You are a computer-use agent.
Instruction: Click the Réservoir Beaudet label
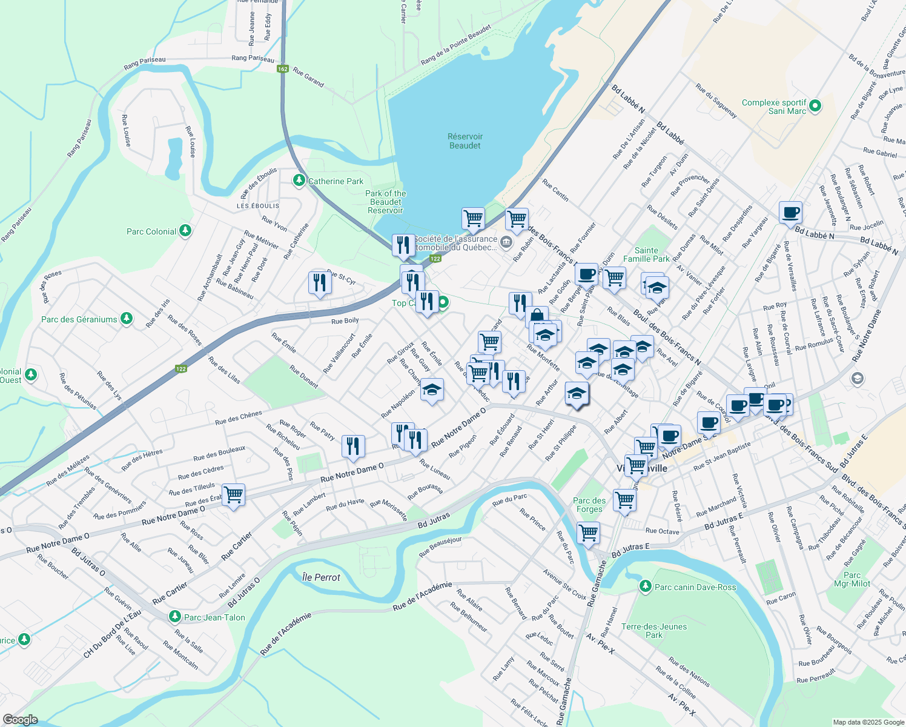pos(465,141)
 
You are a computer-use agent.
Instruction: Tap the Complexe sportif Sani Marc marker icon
pos(815,106)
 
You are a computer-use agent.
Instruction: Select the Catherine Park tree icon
pos(299,181)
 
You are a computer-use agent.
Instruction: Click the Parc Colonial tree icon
pos(185,231)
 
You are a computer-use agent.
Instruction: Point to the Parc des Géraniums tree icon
pos(126,319)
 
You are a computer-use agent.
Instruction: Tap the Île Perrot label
pos(321,577)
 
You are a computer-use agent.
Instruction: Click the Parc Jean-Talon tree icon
pos(175,617)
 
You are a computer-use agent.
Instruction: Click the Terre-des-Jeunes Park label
pos(654,631)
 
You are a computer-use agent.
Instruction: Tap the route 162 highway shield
pos(282,69)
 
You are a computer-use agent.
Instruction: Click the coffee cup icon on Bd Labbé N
pos(790,213)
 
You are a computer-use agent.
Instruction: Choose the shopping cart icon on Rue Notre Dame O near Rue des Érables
pos(233,494)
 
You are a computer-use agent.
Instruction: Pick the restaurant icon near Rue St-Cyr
pos(319,282)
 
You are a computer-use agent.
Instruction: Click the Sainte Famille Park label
pos(646,254)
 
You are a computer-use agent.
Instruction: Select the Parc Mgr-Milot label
pos(851,579)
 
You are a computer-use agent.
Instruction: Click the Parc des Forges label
pos(589,505)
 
